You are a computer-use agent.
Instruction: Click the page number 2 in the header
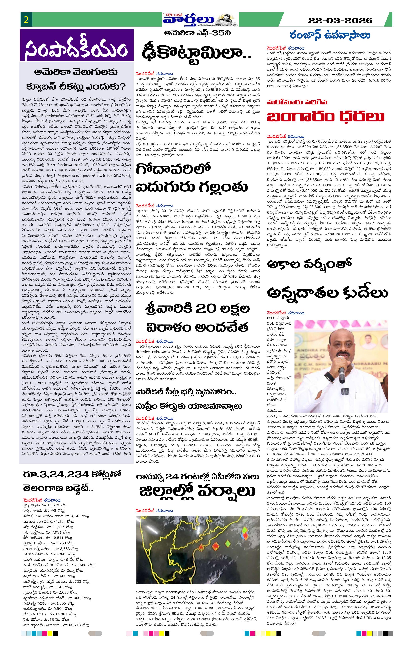pos(26,20)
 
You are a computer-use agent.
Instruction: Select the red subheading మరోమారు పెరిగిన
pos(297,102)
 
